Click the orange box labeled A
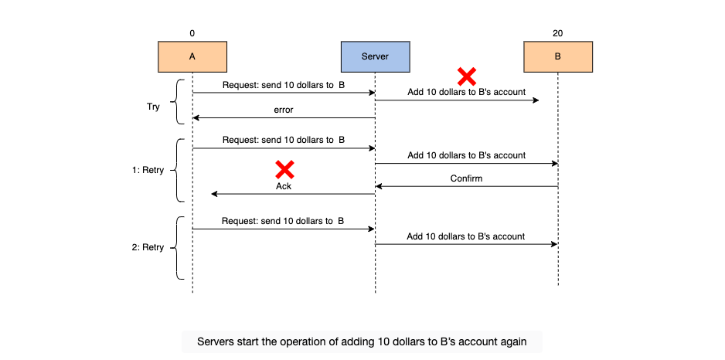[192, 57]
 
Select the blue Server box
[375, 57]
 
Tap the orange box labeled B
[557, 57]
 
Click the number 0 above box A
[192, 33]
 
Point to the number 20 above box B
[557, 33]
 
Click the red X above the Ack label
[284, 170]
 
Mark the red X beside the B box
[467, 76]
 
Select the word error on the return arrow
[284, 110]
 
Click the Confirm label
[466, 178]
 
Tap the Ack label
[284, 187]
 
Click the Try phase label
[153, 107]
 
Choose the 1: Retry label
[148, 170]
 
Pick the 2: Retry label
[148, 247]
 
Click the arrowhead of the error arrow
[195, 118]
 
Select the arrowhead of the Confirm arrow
[378, 186]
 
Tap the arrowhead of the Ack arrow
[213, 194]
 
